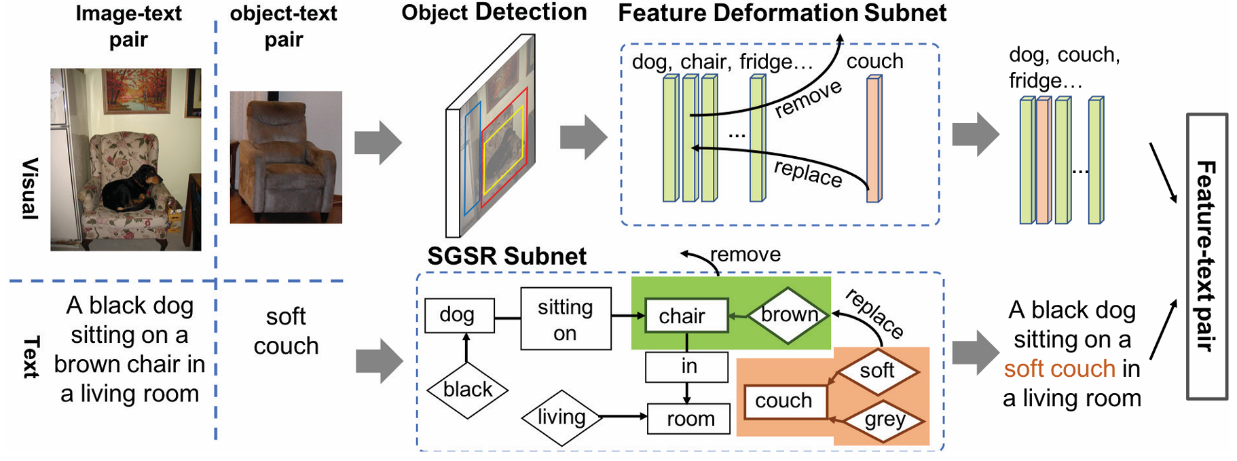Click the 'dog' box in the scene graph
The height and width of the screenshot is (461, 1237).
[x=459, y=315]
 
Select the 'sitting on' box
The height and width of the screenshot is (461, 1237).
[x=566, y=319]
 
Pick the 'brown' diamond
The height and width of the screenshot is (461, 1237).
[x=789, y=315]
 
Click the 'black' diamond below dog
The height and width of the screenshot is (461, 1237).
[x=467, y=390]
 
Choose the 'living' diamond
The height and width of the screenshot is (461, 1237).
[x=561, y=417]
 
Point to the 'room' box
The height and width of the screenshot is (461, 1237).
[x=689, y=419]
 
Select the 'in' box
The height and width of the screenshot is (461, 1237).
[x=687, y=367]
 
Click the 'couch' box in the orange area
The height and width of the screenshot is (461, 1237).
[x=785, y=401]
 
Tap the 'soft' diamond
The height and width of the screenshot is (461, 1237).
[x=876, y=371]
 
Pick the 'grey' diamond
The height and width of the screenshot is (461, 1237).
[x=884, y=420]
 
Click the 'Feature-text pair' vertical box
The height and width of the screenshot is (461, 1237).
[x=1206, y=257]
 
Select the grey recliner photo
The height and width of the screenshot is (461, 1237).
[x=286, y=158]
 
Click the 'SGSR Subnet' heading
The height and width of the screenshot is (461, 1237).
[x=506, y=257]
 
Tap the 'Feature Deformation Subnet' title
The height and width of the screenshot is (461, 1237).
[x=781, y=14]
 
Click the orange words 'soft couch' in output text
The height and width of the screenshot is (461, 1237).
[x=1059, y=369]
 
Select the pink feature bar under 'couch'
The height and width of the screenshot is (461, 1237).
[x=874, y=139]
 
